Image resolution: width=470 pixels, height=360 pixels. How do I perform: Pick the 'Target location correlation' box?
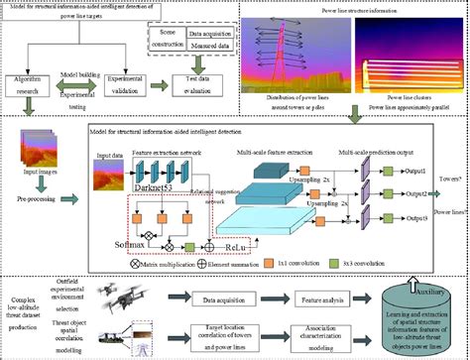[x=210, y=335]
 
